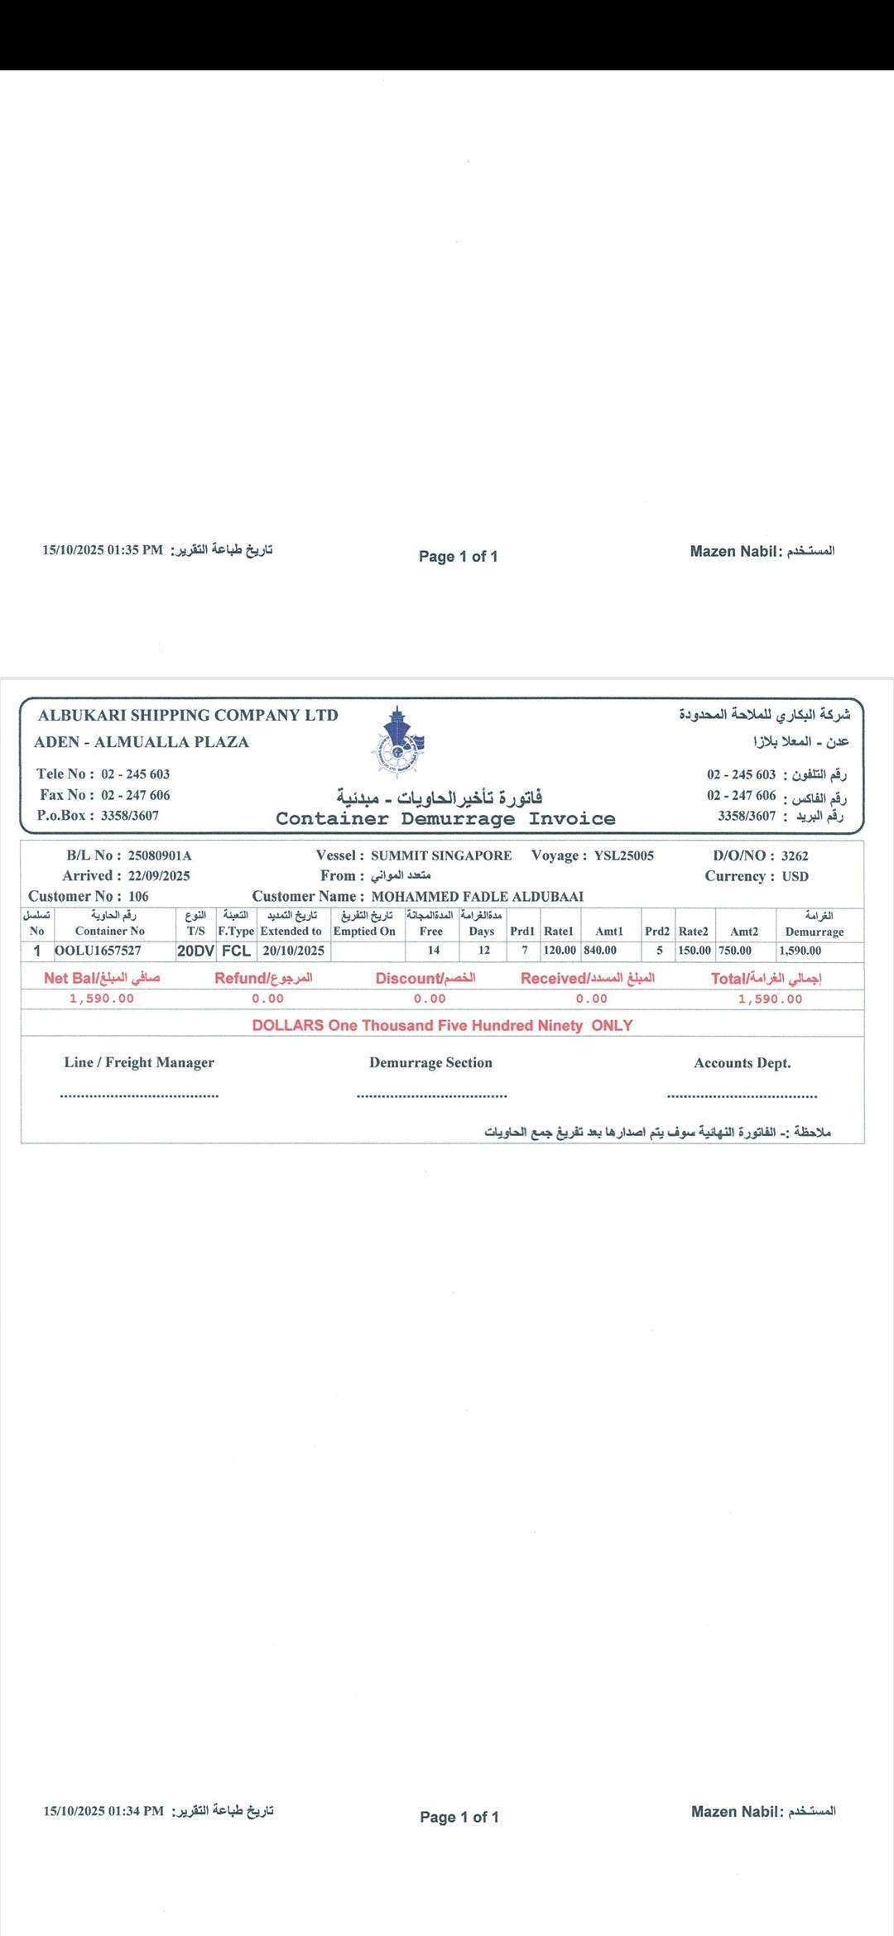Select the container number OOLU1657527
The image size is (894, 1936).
[99, 951]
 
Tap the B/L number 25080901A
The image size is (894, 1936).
[161, 855]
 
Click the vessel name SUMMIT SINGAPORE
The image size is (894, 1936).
[441, 855]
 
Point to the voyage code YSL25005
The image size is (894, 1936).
[624, 855]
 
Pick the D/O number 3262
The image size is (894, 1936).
[795, 856]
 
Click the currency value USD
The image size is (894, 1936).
[795, 876]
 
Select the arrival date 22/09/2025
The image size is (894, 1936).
[159, 875]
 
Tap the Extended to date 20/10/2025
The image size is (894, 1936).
[294, 951]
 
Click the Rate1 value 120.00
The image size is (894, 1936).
[560, 951]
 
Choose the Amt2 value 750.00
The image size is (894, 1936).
[735, 951]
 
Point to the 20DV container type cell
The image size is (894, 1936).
[195, 951]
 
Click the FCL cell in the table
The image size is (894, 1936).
[236, 951]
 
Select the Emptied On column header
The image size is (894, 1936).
[364, 931]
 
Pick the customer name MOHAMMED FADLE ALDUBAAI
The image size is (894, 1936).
[478, 896]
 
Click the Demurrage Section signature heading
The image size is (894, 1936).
[430, 1062]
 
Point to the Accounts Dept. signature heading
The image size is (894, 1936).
[742, 1063]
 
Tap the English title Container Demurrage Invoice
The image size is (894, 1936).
[445, 819]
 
